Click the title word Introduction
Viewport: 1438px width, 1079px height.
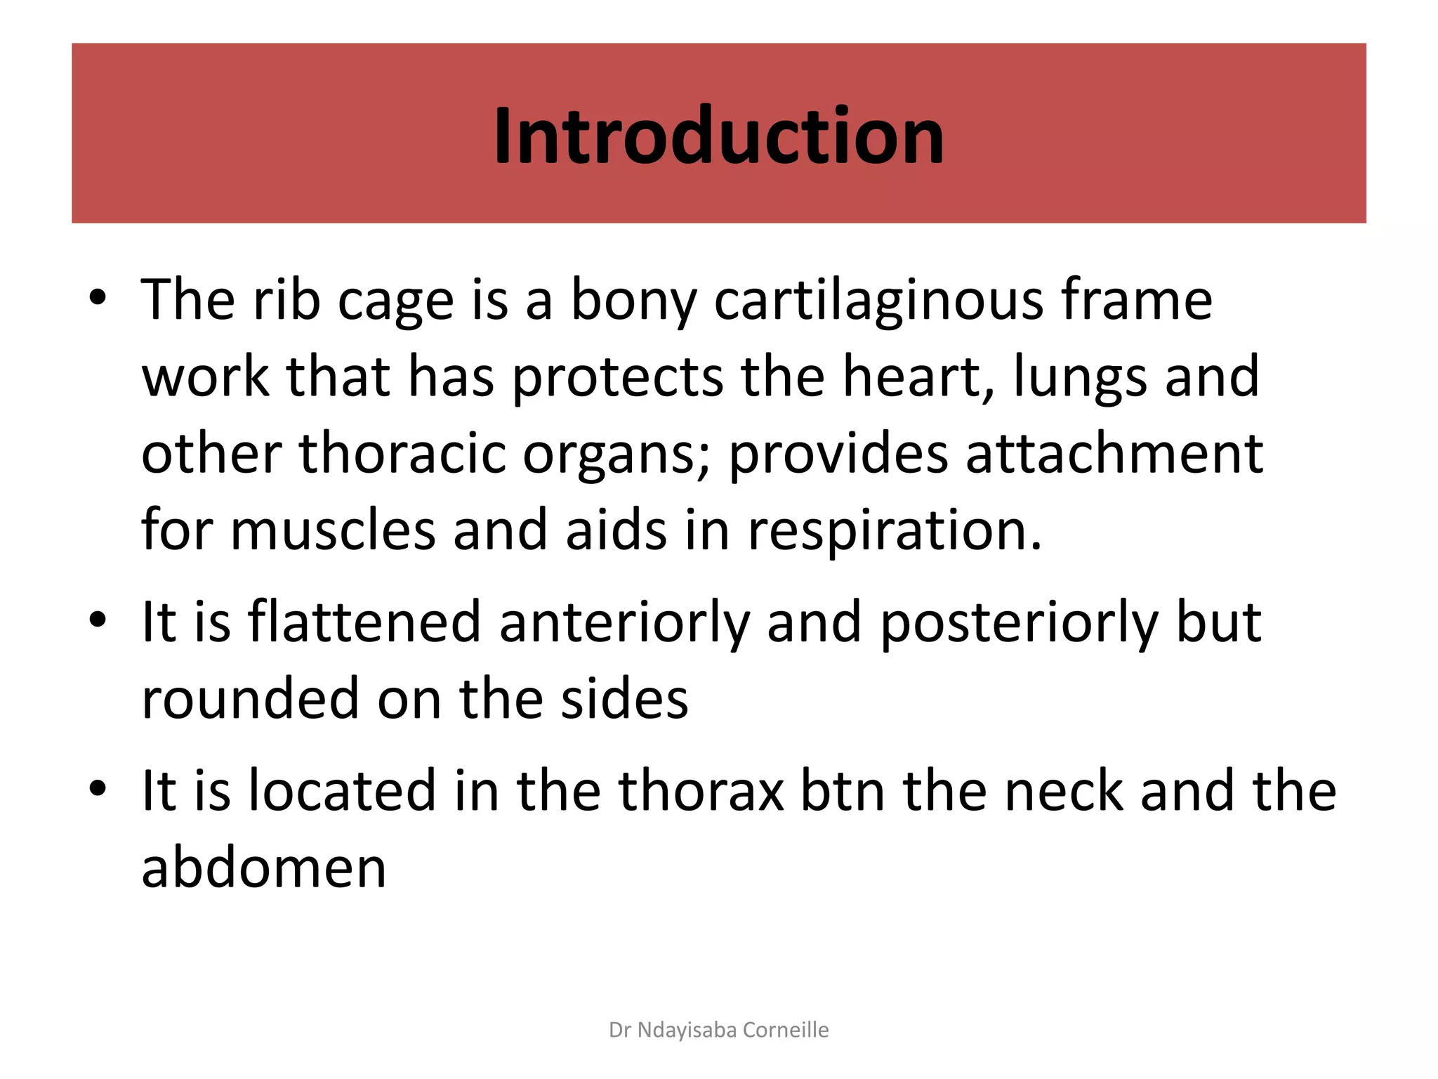point(718,136)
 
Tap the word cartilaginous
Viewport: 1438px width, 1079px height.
point(878,300)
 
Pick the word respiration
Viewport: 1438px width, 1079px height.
point(895,531)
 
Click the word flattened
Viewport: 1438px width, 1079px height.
point(364,622)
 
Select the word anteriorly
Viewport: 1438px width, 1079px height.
point(624,623)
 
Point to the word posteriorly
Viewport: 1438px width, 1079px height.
point(1019,623)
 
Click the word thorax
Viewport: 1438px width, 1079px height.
point(701,791)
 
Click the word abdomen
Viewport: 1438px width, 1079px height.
point(264,868)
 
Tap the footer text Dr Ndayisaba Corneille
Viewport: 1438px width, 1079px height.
point(718,1030)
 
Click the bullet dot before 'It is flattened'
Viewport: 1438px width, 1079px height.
point(98,620)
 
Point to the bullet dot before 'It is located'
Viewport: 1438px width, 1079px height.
point(98,789)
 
